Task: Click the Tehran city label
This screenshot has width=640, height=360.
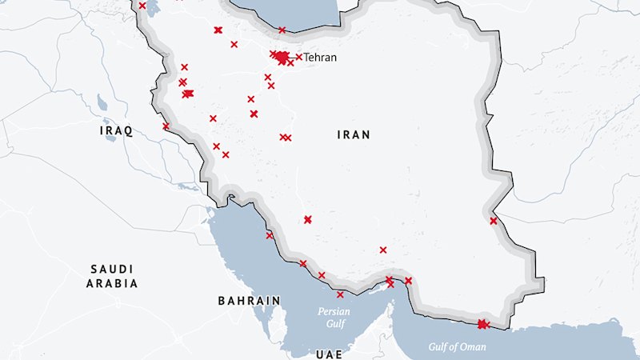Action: click(x=320, y=58)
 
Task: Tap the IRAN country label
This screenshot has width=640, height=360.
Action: click(x=353, y=135)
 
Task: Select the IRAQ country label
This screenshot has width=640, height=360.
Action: click(x=116, y=130)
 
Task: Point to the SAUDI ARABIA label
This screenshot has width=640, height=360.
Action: click(x=113, y=276)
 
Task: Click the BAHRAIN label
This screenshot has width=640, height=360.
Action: click(x=249, y=301)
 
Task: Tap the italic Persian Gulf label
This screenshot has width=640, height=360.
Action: click(x=334, y=317)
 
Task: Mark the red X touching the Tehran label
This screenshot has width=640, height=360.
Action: click(x=299, y=57)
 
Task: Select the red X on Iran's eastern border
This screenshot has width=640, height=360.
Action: click(x=494, y=221)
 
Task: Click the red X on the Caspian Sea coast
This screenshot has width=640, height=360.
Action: click(x=282, y=30)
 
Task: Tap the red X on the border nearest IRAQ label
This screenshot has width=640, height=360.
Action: click(x=166, y=126)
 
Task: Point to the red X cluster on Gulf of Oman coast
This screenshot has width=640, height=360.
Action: click(x=482, y=324)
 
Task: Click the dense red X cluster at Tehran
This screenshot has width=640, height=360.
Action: click(x=282, y=57)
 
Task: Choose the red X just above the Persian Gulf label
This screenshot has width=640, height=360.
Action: click(x=340, y=294)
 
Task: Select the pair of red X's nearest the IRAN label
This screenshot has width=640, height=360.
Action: click(x=285, y=138)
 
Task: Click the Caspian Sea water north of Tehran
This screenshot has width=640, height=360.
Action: click(x=296, y=12)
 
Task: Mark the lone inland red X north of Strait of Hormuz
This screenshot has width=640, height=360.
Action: click(x=383, y=250)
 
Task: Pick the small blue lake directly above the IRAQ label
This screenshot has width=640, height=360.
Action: click(x=102, y=103)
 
